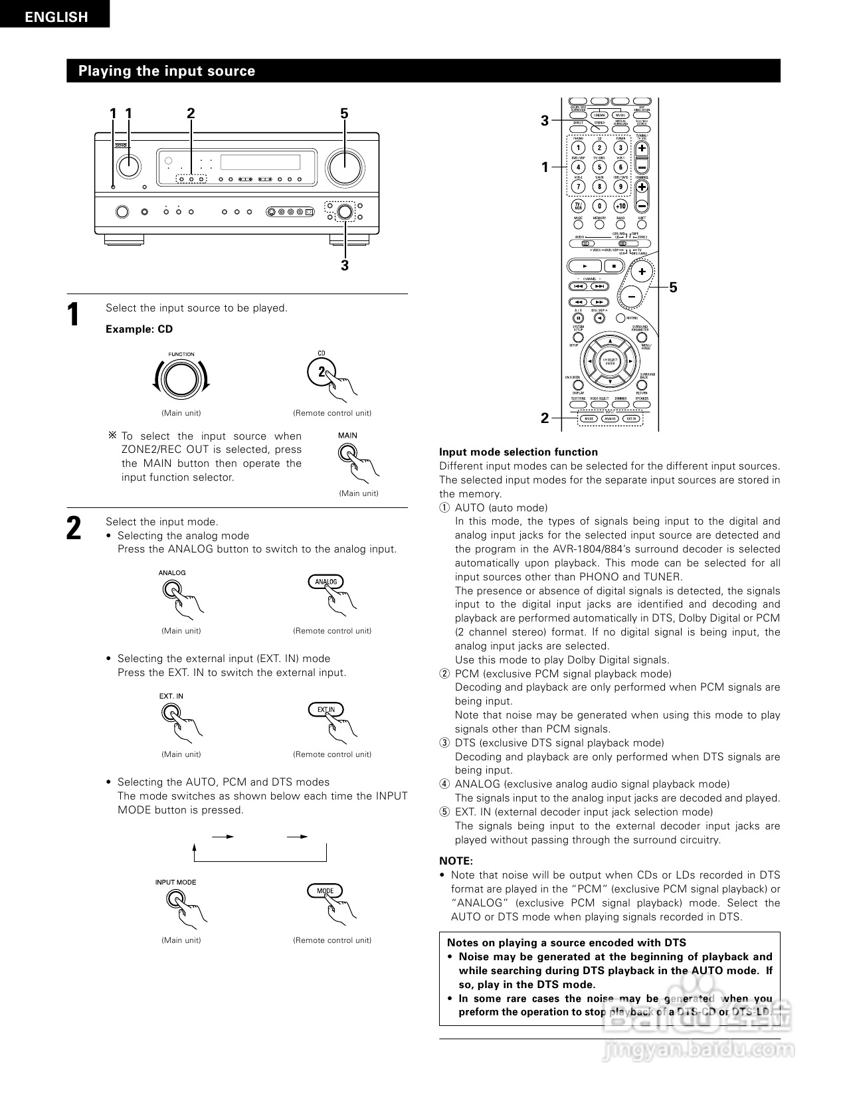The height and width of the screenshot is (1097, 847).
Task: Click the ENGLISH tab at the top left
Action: [56, 17]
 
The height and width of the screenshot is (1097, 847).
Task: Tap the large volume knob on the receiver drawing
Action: [344, 166]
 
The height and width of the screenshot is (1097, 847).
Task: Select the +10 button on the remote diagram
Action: [620, 207]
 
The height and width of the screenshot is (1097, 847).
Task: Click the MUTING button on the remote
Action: [620, 318]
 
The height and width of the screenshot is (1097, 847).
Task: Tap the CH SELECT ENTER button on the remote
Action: [609, 361]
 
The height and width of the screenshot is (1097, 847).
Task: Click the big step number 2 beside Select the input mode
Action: [74, 529]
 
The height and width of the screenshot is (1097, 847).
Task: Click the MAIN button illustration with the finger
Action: [347, 452]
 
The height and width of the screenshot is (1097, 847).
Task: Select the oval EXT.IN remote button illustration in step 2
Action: [326, 709]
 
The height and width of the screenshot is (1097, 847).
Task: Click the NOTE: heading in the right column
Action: [456, 861]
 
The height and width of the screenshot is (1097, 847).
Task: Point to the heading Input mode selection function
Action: [518, 452]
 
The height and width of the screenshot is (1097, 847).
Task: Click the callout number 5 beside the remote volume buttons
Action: [673, 288]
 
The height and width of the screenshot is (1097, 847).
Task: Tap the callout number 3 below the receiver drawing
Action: [344, 266]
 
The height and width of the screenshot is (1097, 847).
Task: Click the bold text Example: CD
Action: [139, 329]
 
